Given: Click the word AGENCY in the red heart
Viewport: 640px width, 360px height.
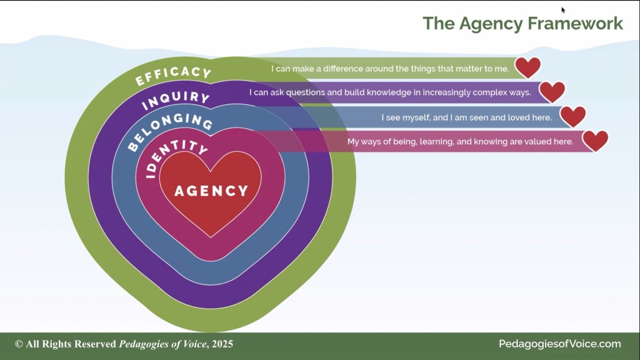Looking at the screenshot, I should [x=211, y=190].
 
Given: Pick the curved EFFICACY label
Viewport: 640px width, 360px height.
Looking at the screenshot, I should [x=173, y=76].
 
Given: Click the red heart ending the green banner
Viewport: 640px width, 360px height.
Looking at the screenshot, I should [x=527, y=67].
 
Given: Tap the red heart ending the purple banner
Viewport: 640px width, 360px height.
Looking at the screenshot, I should [x=552, y=92].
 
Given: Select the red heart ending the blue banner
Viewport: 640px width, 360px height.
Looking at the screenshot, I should [x=572, y=116].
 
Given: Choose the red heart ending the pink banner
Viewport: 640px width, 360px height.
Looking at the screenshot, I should [x=595, y=141].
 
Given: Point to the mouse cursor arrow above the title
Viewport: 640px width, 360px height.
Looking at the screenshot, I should [x=563, y=10].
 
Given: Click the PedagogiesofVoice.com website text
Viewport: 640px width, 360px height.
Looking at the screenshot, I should [x=559, y=344].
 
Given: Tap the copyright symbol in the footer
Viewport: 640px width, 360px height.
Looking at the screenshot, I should [x=19, y=344].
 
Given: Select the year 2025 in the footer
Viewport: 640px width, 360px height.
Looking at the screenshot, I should [x=222, y=344].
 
